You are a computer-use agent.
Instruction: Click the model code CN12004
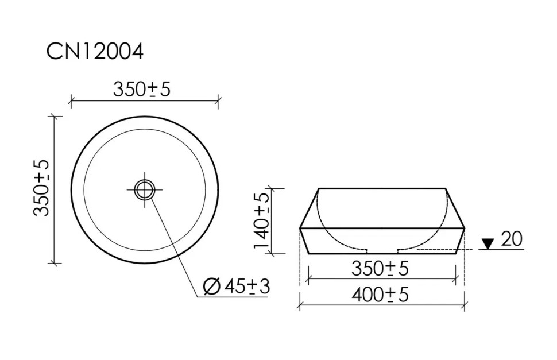coord(95,52)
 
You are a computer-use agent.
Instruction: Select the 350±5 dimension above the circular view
coord(142,89)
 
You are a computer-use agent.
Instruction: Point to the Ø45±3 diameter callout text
coord(237,285)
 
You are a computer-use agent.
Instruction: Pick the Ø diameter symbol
coord(212,285)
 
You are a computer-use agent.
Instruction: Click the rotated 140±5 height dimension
coord(261,220)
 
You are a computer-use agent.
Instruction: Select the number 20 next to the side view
coord(512,239)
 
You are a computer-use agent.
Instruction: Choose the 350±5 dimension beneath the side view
coord(381,268)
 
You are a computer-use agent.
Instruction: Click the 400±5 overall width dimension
coord(380,295)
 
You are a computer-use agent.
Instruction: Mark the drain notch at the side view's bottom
coord(382,251)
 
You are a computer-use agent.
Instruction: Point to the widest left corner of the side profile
coord(300,228)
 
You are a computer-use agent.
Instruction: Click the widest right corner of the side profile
coord(464,228)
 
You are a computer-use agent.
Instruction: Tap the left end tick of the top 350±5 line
coord(71,102)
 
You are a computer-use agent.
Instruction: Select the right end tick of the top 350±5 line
coord(218,102)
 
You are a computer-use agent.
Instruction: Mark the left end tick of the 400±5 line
coord(300,307)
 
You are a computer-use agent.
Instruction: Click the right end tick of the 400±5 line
coord(464,307)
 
